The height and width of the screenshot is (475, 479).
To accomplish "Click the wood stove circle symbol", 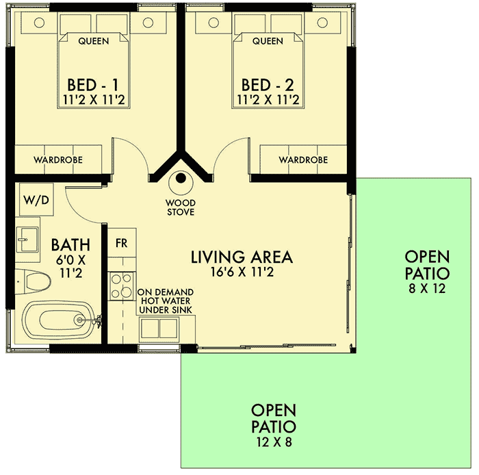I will (x=181, y=179).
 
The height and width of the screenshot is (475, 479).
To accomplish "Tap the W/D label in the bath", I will (x=31, y=201).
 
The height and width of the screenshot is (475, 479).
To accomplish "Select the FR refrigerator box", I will (x=121, y=243).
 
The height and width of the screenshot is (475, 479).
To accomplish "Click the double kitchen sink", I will (x=160, y=329).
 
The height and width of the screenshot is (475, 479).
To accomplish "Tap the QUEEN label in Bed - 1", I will (x=94, y=41).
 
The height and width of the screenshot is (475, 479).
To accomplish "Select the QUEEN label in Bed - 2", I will (x=268, y=41).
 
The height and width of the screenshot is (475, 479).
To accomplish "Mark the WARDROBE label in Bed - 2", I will (x=303, y=159).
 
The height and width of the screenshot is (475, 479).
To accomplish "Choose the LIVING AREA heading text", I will (x=242, y=257).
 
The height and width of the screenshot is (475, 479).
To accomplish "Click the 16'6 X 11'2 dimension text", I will (x=242, y=272).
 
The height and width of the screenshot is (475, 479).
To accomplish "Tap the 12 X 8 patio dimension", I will (x=274, y=441).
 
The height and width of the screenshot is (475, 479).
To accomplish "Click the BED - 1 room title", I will (x=93, y=85).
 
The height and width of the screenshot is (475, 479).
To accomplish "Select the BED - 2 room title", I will (x=268, y=85).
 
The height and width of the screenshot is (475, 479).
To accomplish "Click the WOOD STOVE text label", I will (x=181, y=207).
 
